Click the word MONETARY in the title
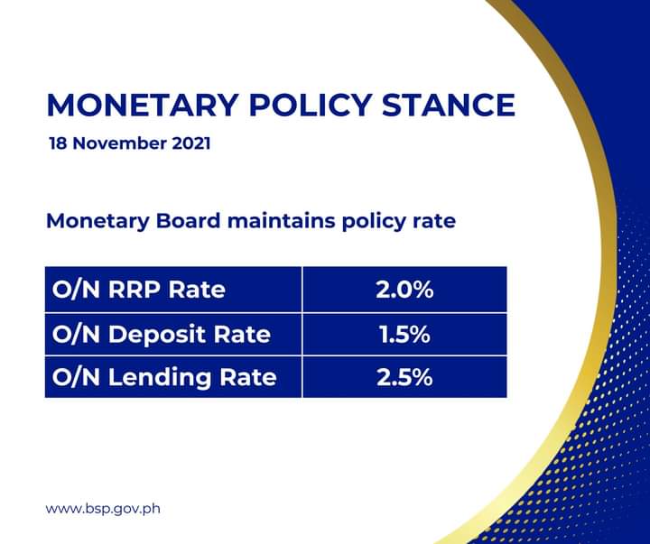tap(143, 105)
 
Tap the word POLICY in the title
tap(310, 105)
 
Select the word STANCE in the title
tap(449, 105)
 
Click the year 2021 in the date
tap(191, 143)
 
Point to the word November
tap(120, 143)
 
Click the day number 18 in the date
tap(59, 143)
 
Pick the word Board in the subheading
tap(188, 220)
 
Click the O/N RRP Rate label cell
tap(173, 290)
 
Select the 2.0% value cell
tap(405, 290)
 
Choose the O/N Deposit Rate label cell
tap(173, 335)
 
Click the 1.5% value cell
tap(405, 335)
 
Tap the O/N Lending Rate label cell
tap(173, 377)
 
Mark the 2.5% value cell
tap(405, 377)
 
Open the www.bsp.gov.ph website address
tap(103, 509)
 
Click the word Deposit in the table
tap(157, 335)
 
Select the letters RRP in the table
tap(135, 290)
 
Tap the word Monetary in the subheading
tap(97, 221)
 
